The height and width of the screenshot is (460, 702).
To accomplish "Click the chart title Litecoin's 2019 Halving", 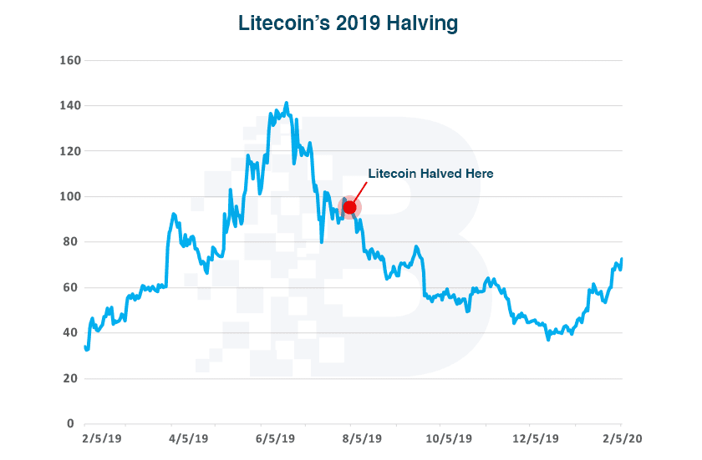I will pos(348,23).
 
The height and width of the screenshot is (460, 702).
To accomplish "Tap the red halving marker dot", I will pos(350,207).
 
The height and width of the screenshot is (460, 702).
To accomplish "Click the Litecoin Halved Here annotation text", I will pos(430,174).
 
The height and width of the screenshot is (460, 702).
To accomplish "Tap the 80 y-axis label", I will pos(70,242).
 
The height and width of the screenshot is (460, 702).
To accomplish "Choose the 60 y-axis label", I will pos(70,287).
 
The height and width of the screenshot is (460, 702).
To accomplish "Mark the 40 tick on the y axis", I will pos(70,333).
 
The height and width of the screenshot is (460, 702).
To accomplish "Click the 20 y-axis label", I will pos(70,378).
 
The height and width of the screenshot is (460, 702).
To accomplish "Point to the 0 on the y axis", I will pos(73,423).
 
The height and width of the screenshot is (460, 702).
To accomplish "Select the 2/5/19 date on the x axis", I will pos(103,437).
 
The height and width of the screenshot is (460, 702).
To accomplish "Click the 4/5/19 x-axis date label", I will pos(189,437).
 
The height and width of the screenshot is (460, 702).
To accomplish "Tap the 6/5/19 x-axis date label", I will pos(275,437).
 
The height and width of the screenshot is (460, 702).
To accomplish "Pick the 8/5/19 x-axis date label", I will pos(361,437).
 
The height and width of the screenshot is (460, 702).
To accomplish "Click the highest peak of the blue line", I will pos(287,104).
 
